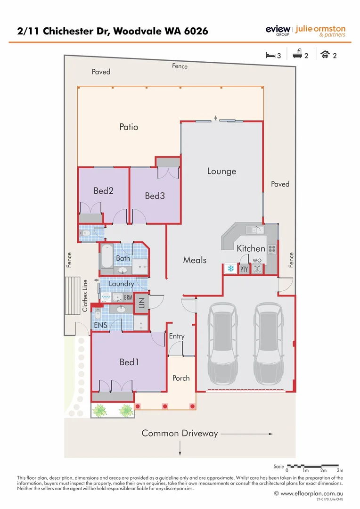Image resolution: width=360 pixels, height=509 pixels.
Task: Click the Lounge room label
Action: tap(221, 171)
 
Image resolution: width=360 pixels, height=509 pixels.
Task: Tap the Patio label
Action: tap(129, 127)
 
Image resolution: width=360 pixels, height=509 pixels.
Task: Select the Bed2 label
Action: tap(103, 191)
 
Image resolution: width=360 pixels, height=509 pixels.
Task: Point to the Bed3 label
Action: tap(155, 196)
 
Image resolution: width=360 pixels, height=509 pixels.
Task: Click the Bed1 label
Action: tap(129, 362)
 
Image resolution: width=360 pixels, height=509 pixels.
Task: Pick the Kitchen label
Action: tap(251, 248)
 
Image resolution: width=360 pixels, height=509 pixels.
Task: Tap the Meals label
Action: tap(195, 260)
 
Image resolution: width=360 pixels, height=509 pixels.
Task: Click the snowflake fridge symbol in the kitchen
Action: tap(231, 269)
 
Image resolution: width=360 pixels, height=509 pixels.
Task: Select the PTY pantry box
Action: tap(244, 269)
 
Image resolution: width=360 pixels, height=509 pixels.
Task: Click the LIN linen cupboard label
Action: tap(140, 303)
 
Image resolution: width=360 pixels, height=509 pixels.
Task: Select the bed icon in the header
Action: tap(270, 55)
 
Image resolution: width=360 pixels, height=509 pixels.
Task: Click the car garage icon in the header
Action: tap(325, 55)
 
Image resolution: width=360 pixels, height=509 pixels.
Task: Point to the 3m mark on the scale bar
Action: tap(340, 470)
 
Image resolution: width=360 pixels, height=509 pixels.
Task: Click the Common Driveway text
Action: tap(180, 433)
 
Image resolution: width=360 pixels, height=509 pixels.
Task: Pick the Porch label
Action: tap(181, 378)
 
